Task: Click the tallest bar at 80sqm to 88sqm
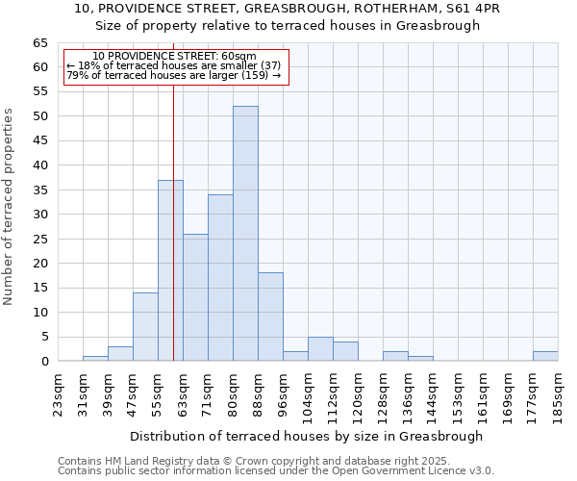pyautogui.click(x=245, y=234)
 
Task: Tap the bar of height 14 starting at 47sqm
pyautogui.click(x=145, y=327)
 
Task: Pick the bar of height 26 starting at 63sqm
pyautogui.click(x=195, y=297)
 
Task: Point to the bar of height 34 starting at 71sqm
pyautogui.click(x=220, y=278)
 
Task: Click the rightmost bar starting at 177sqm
pyautogui.click(x=545, y=356)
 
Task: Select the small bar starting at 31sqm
pyautogui.click(x=95, y=359)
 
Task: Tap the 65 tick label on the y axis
pyautogui.click(x=40, y=43)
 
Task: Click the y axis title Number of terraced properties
pyautogui.click(x=9, y=207)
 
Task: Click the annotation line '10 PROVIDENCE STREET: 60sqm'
pyautogui.click(x=174, y=57)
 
